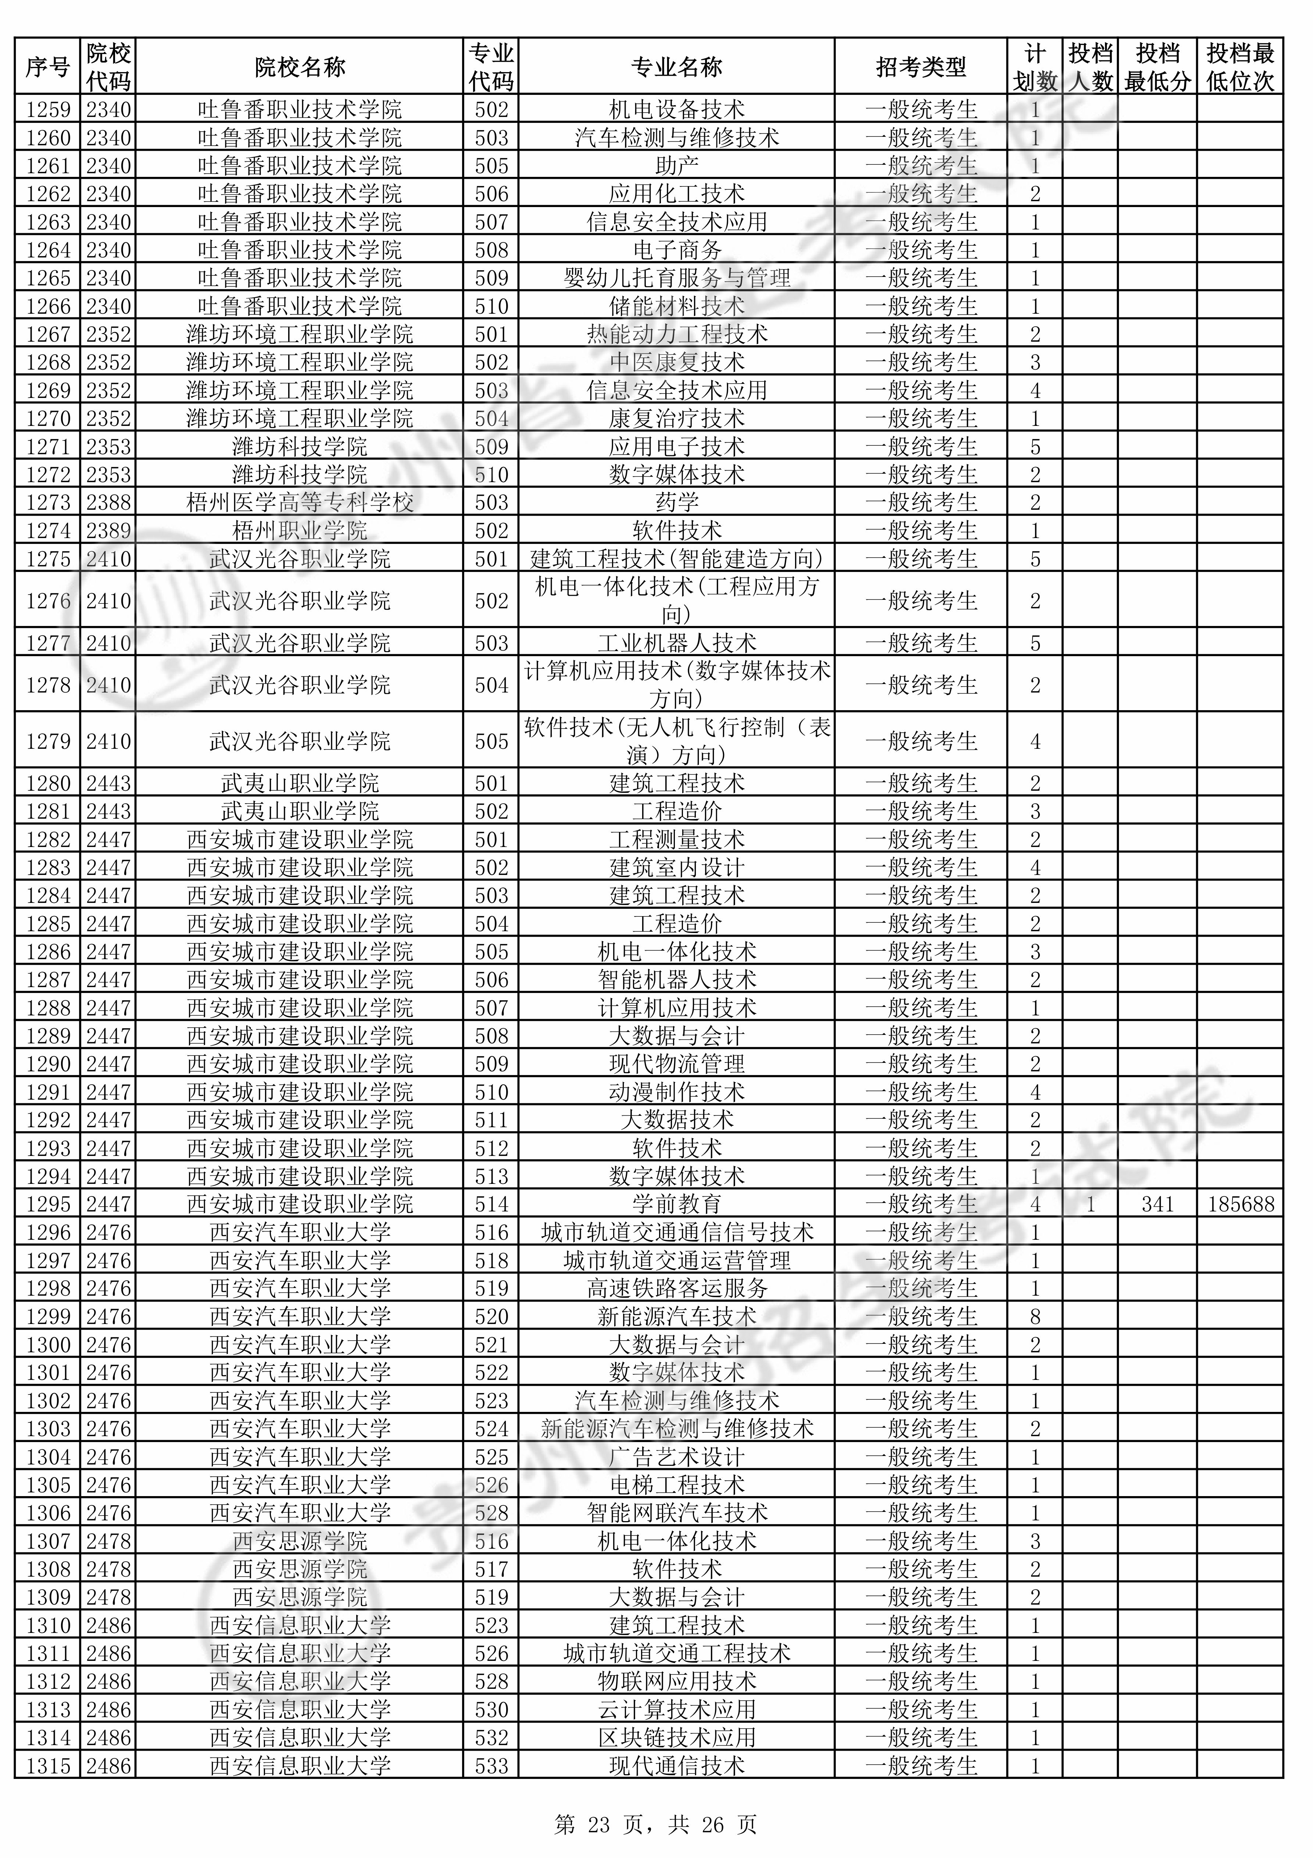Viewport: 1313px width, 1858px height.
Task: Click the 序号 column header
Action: (x=48, y=67)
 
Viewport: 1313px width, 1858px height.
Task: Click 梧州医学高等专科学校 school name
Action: (x=299, y=502)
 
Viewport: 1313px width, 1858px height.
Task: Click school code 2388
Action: (x=108, y=502)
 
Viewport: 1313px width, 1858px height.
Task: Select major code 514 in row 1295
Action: (x=491, y=1204)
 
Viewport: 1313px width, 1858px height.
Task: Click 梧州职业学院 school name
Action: (x=299, y=531)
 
